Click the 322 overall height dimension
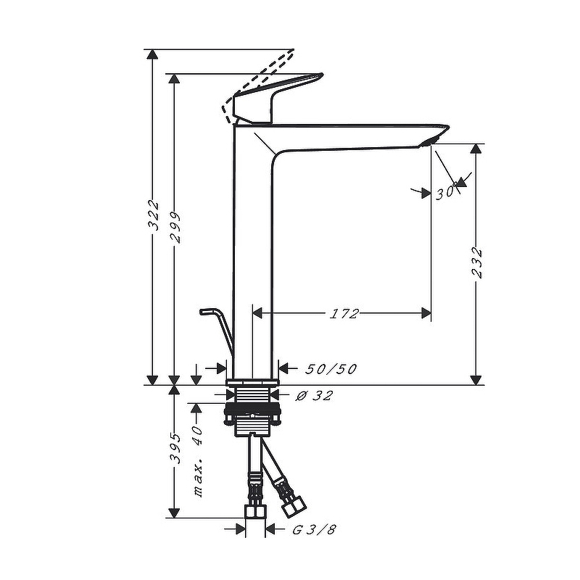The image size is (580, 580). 153,215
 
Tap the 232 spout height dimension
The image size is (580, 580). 477,262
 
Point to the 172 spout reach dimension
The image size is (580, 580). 344,314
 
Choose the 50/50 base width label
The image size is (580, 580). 331,369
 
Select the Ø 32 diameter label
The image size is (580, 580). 315,395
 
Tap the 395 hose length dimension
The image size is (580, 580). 175,448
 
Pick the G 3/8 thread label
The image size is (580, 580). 315,530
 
